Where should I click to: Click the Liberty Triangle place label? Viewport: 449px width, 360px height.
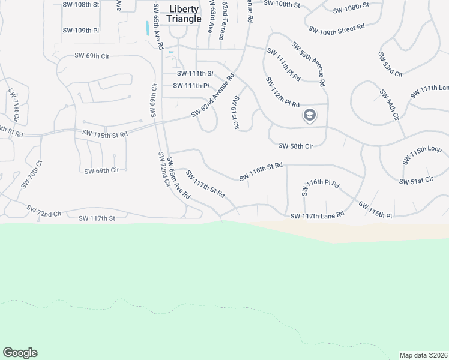click(x=184, y=14)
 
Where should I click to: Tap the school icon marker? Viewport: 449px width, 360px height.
click(x=310, y=115)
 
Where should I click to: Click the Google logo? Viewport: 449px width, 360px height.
click(x=20, y=353)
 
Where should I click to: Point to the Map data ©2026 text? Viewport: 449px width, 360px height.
click(x=423, y=355)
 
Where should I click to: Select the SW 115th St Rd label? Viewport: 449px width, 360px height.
click(x=105, y=134)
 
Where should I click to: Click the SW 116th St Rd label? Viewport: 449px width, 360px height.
click(x=261, y=170)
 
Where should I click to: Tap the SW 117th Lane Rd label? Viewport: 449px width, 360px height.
click(x=317, y=215)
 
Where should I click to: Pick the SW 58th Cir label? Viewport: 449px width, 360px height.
click(x=297, y=146)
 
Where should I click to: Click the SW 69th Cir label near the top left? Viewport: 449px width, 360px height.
click(x=92, y=56)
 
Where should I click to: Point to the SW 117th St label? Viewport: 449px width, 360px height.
click(x=96, y=218)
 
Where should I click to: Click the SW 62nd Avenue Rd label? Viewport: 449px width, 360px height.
click(x=212, y=95)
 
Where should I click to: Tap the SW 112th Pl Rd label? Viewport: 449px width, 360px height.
click(x=282, y=92)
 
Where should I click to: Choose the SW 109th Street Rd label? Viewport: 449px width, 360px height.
click(x=337, y=28)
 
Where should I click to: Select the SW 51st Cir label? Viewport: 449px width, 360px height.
click(x=416, y=181)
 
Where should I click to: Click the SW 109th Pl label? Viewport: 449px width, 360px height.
click(x=80, y=30)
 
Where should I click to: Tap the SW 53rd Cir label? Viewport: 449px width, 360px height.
click(x=390, y=64)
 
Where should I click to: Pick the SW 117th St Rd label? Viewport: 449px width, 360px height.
click(x=205, y=184)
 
